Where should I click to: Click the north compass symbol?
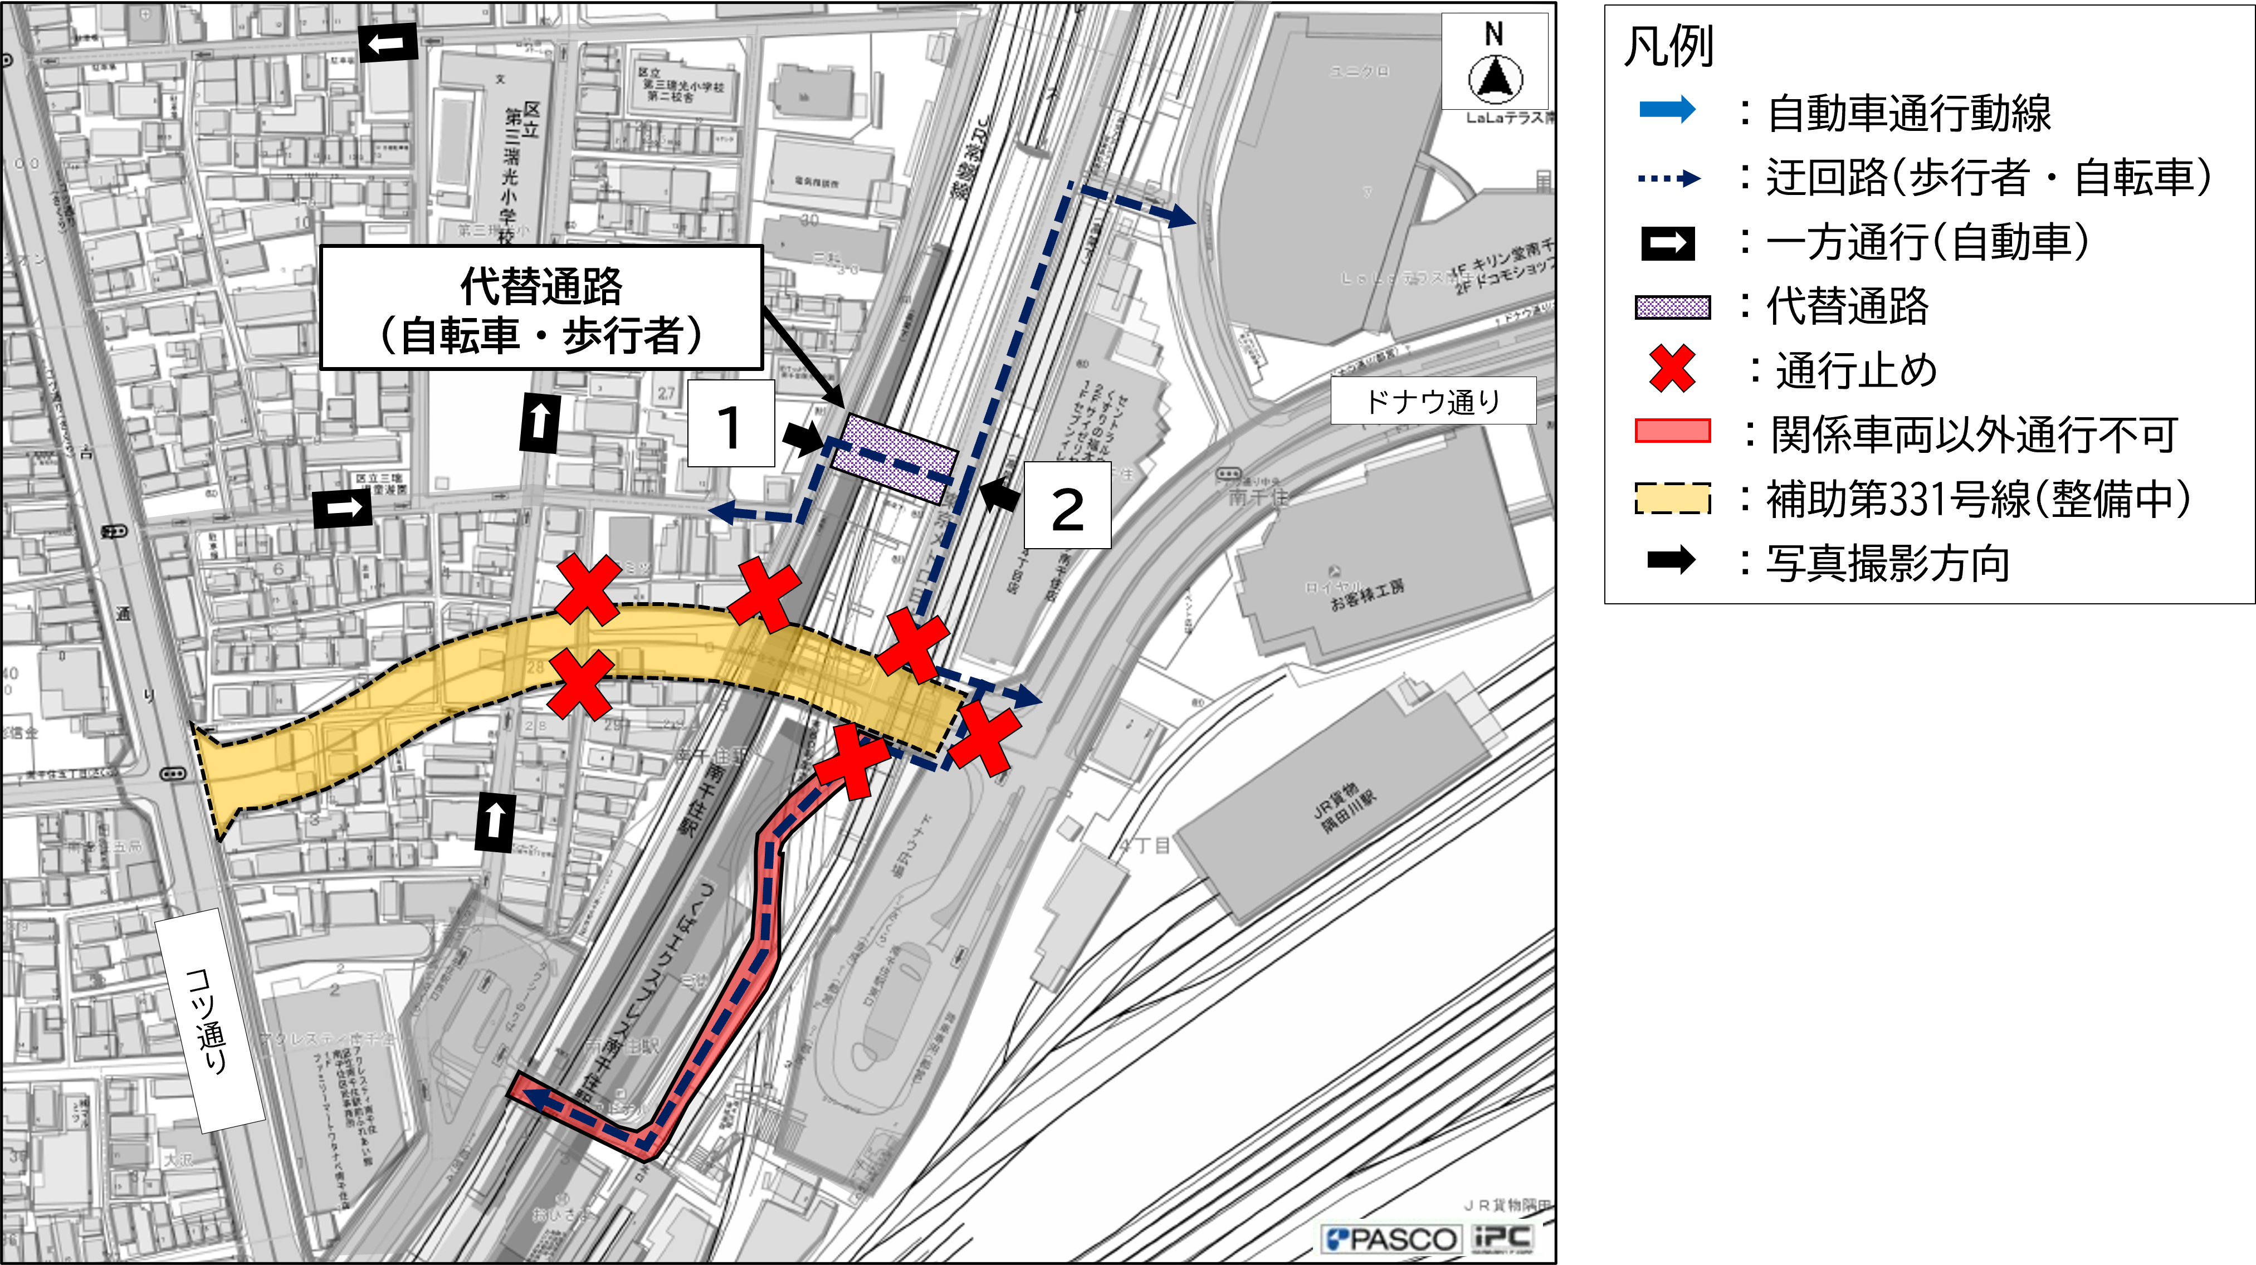click(x=1495, y=76)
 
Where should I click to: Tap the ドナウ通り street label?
click(x=1433, y=401)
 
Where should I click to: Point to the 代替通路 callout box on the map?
click(x=541, y=309)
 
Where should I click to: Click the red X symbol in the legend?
click(x=1672, y=369)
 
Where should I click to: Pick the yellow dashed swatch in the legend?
click(x=1672, y=497)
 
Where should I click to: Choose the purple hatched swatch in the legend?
click(x=1672, y=306)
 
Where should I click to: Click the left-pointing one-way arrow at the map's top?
click(x=386, y=43)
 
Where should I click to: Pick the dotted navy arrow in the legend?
click(x=1668, y=179)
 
